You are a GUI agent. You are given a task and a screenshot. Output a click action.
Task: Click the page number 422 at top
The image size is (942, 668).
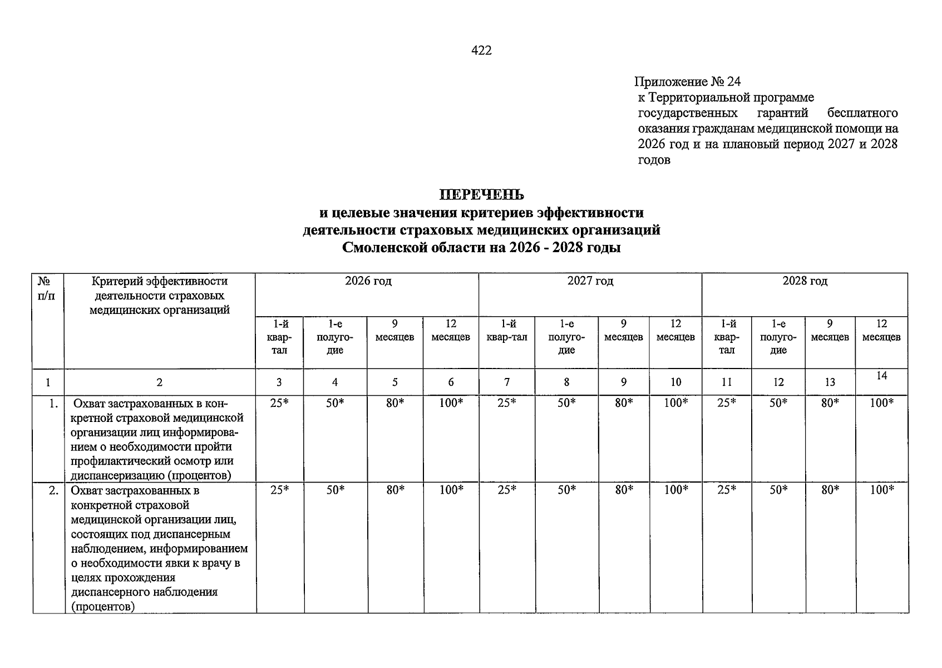point(481,51)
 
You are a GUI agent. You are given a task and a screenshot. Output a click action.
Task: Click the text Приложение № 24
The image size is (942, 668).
point(687,82)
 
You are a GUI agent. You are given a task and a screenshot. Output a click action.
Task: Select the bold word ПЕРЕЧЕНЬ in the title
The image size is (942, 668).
point(481,195)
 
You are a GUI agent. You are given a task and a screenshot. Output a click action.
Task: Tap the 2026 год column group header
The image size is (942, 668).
point(368,281)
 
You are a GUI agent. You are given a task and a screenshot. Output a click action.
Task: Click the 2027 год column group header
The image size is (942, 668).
point(590,281)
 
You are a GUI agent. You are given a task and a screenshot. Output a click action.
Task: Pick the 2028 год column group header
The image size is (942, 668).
point(805,281)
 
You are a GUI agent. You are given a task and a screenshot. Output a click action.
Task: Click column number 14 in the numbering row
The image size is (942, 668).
point(881,376)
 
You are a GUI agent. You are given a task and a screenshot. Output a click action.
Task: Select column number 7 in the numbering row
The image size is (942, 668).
point(506,382)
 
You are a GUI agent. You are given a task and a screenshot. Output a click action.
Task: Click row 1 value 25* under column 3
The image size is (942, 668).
point(279,403)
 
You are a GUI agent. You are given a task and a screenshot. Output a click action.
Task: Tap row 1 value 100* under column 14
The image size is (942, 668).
point(882,403)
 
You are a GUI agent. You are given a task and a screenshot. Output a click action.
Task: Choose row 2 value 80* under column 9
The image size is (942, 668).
point(624,490)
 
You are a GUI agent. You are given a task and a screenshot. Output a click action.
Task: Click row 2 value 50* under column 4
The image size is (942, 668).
point(335,490)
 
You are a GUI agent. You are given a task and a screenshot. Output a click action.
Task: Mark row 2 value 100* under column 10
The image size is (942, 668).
point(676,490)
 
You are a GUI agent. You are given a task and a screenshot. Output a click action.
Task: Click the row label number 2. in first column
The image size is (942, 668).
point(53,490)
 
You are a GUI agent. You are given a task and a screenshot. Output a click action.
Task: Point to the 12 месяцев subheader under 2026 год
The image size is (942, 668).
point(451,330)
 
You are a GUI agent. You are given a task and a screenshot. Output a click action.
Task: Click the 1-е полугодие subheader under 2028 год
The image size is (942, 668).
point(778,337)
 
